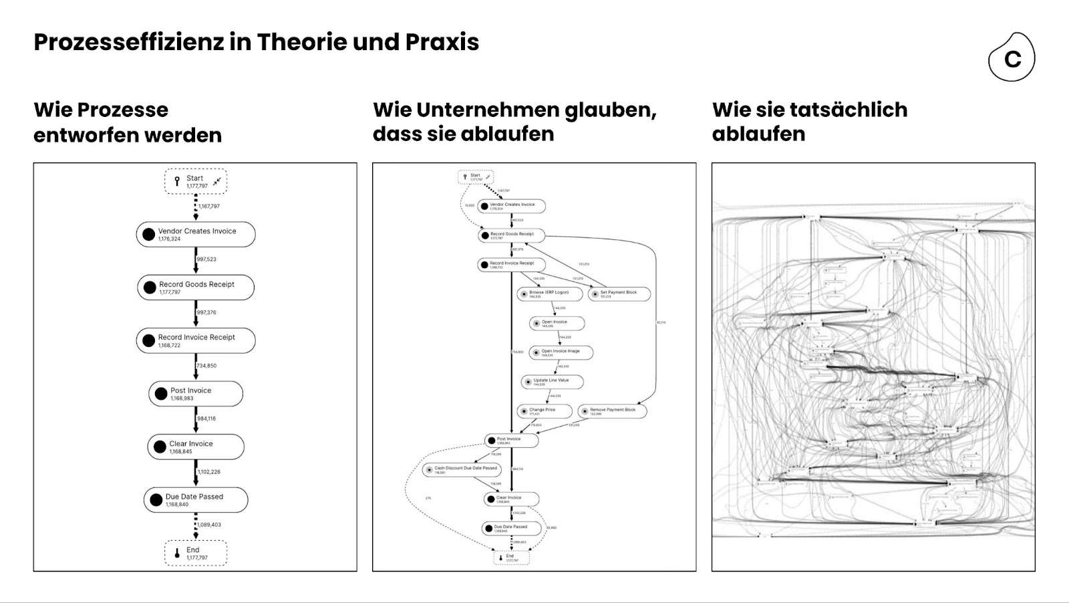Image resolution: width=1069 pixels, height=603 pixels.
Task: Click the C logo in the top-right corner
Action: [1012, 58]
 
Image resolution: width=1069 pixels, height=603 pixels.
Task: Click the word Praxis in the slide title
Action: [442, 42]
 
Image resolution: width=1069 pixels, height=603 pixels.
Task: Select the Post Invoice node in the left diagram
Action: [196, 394]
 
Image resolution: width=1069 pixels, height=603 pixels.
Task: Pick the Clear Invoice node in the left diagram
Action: [196, 447]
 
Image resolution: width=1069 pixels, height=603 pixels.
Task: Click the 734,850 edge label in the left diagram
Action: [206, 366]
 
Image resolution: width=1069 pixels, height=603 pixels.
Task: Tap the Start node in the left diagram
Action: [196, 181]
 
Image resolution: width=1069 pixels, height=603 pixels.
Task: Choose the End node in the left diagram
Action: [196, 554]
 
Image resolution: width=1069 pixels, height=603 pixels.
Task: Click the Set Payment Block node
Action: [619, 293]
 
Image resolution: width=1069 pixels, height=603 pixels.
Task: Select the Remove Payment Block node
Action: [611, 411]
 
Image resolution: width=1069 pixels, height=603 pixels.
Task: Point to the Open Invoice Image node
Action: [561, 352]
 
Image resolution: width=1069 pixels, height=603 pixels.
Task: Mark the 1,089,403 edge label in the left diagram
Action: [210, 525]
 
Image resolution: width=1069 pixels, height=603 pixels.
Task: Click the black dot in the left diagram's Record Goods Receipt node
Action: [150, 287]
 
